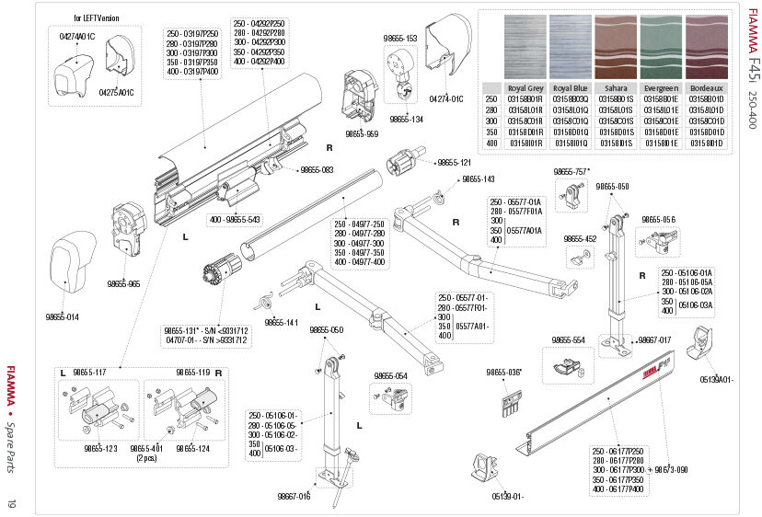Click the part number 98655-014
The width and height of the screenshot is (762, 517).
click(62, 316)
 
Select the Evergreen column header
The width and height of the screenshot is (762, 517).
click(661, 88)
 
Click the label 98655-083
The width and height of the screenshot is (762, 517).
click(315, 170)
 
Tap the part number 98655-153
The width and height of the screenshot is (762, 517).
click(399, 38)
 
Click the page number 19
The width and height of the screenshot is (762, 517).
click(12, 503)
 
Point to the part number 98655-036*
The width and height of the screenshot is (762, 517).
click(503, 373)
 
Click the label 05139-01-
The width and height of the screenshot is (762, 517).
click(507, 497)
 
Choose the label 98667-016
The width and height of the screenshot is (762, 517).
click(294, 497)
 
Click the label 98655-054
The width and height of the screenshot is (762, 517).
click(390, 375)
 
